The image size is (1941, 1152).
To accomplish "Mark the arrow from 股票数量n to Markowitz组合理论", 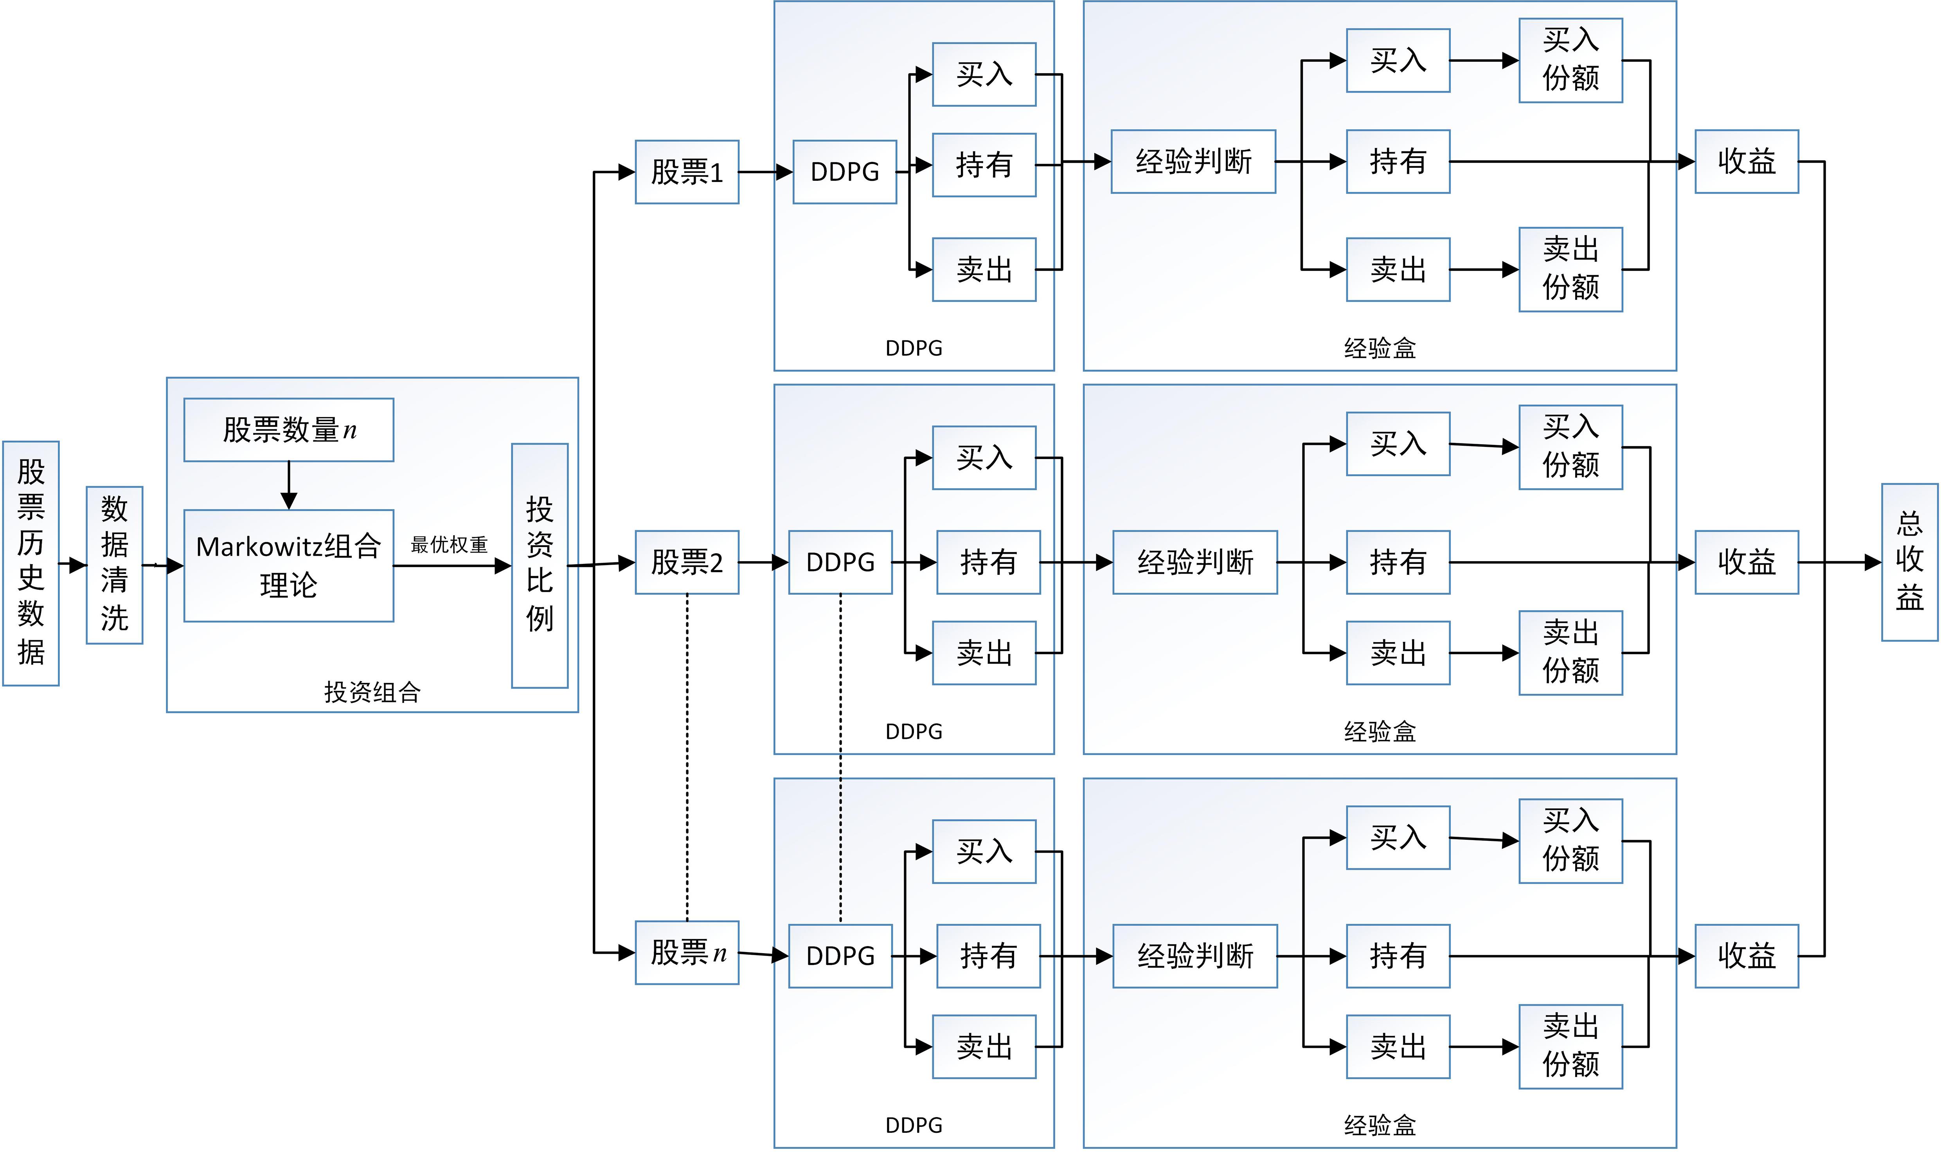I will (x=289, y=485).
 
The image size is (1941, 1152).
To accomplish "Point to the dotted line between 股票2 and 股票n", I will (x=687, y=757).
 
